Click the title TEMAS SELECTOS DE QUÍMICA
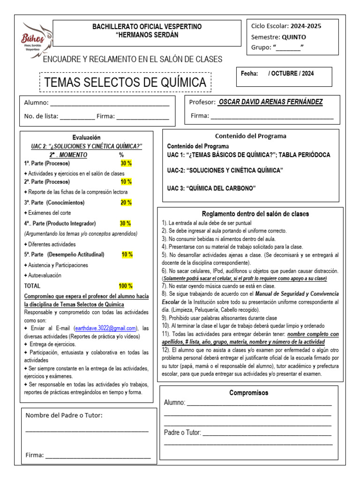point(125,82)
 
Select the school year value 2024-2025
point(306,26)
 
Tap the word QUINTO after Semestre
point(294,37)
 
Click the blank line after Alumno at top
point(110,103)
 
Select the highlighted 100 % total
point(126,285)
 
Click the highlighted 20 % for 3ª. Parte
point(126,202)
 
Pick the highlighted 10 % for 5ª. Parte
point(127,255)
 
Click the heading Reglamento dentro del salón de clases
point(255,214)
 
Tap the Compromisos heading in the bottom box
point(248,393)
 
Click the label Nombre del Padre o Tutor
point(64,415)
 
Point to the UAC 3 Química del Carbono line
point(211,188)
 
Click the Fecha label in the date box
point(249,74)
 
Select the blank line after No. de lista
point(77,117)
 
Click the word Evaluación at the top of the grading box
point(86,137)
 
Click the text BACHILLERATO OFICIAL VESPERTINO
point(147,27)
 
